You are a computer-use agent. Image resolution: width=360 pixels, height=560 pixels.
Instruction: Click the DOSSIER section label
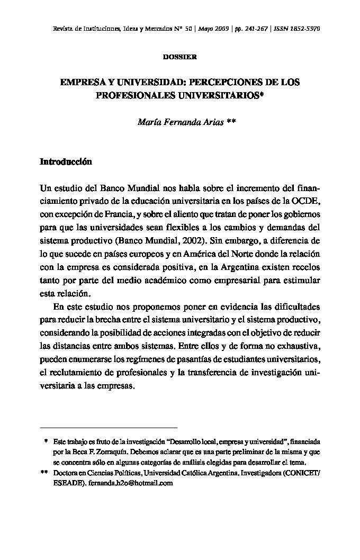[x=179, y=57]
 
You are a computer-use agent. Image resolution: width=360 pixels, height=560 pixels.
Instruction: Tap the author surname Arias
[x=211, y=122]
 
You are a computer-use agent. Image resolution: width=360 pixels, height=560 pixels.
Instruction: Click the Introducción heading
[x=66, y=162]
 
